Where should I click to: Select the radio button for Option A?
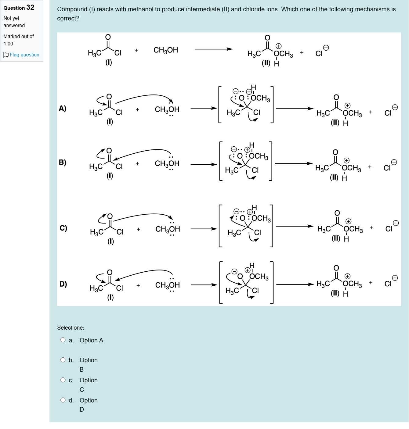coord(63,340)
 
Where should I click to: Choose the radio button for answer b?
coord(63,360)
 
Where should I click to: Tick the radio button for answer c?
coord(63,380)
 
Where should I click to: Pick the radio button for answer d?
coord(63,400)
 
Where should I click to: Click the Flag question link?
coord(24,55)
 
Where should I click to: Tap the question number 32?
coord(30,7)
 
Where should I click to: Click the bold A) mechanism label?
coord(63,108)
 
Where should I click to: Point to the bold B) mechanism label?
coord(63,162)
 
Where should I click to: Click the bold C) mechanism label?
coord(63,228)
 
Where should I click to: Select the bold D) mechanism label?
coord(63,284)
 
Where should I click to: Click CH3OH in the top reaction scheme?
coord(165,50)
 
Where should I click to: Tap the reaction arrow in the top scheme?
coord(214,49)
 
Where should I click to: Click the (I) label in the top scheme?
coord(109,63)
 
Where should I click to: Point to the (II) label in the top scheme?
coord(266,63)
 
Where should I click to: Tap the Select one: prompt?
coord(71,328)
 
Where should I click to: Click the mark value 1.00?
coord(8,44)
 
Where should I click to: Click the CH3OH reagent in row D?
coord(167,285)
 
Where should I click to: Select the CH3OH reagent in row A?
coord(167,109)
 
